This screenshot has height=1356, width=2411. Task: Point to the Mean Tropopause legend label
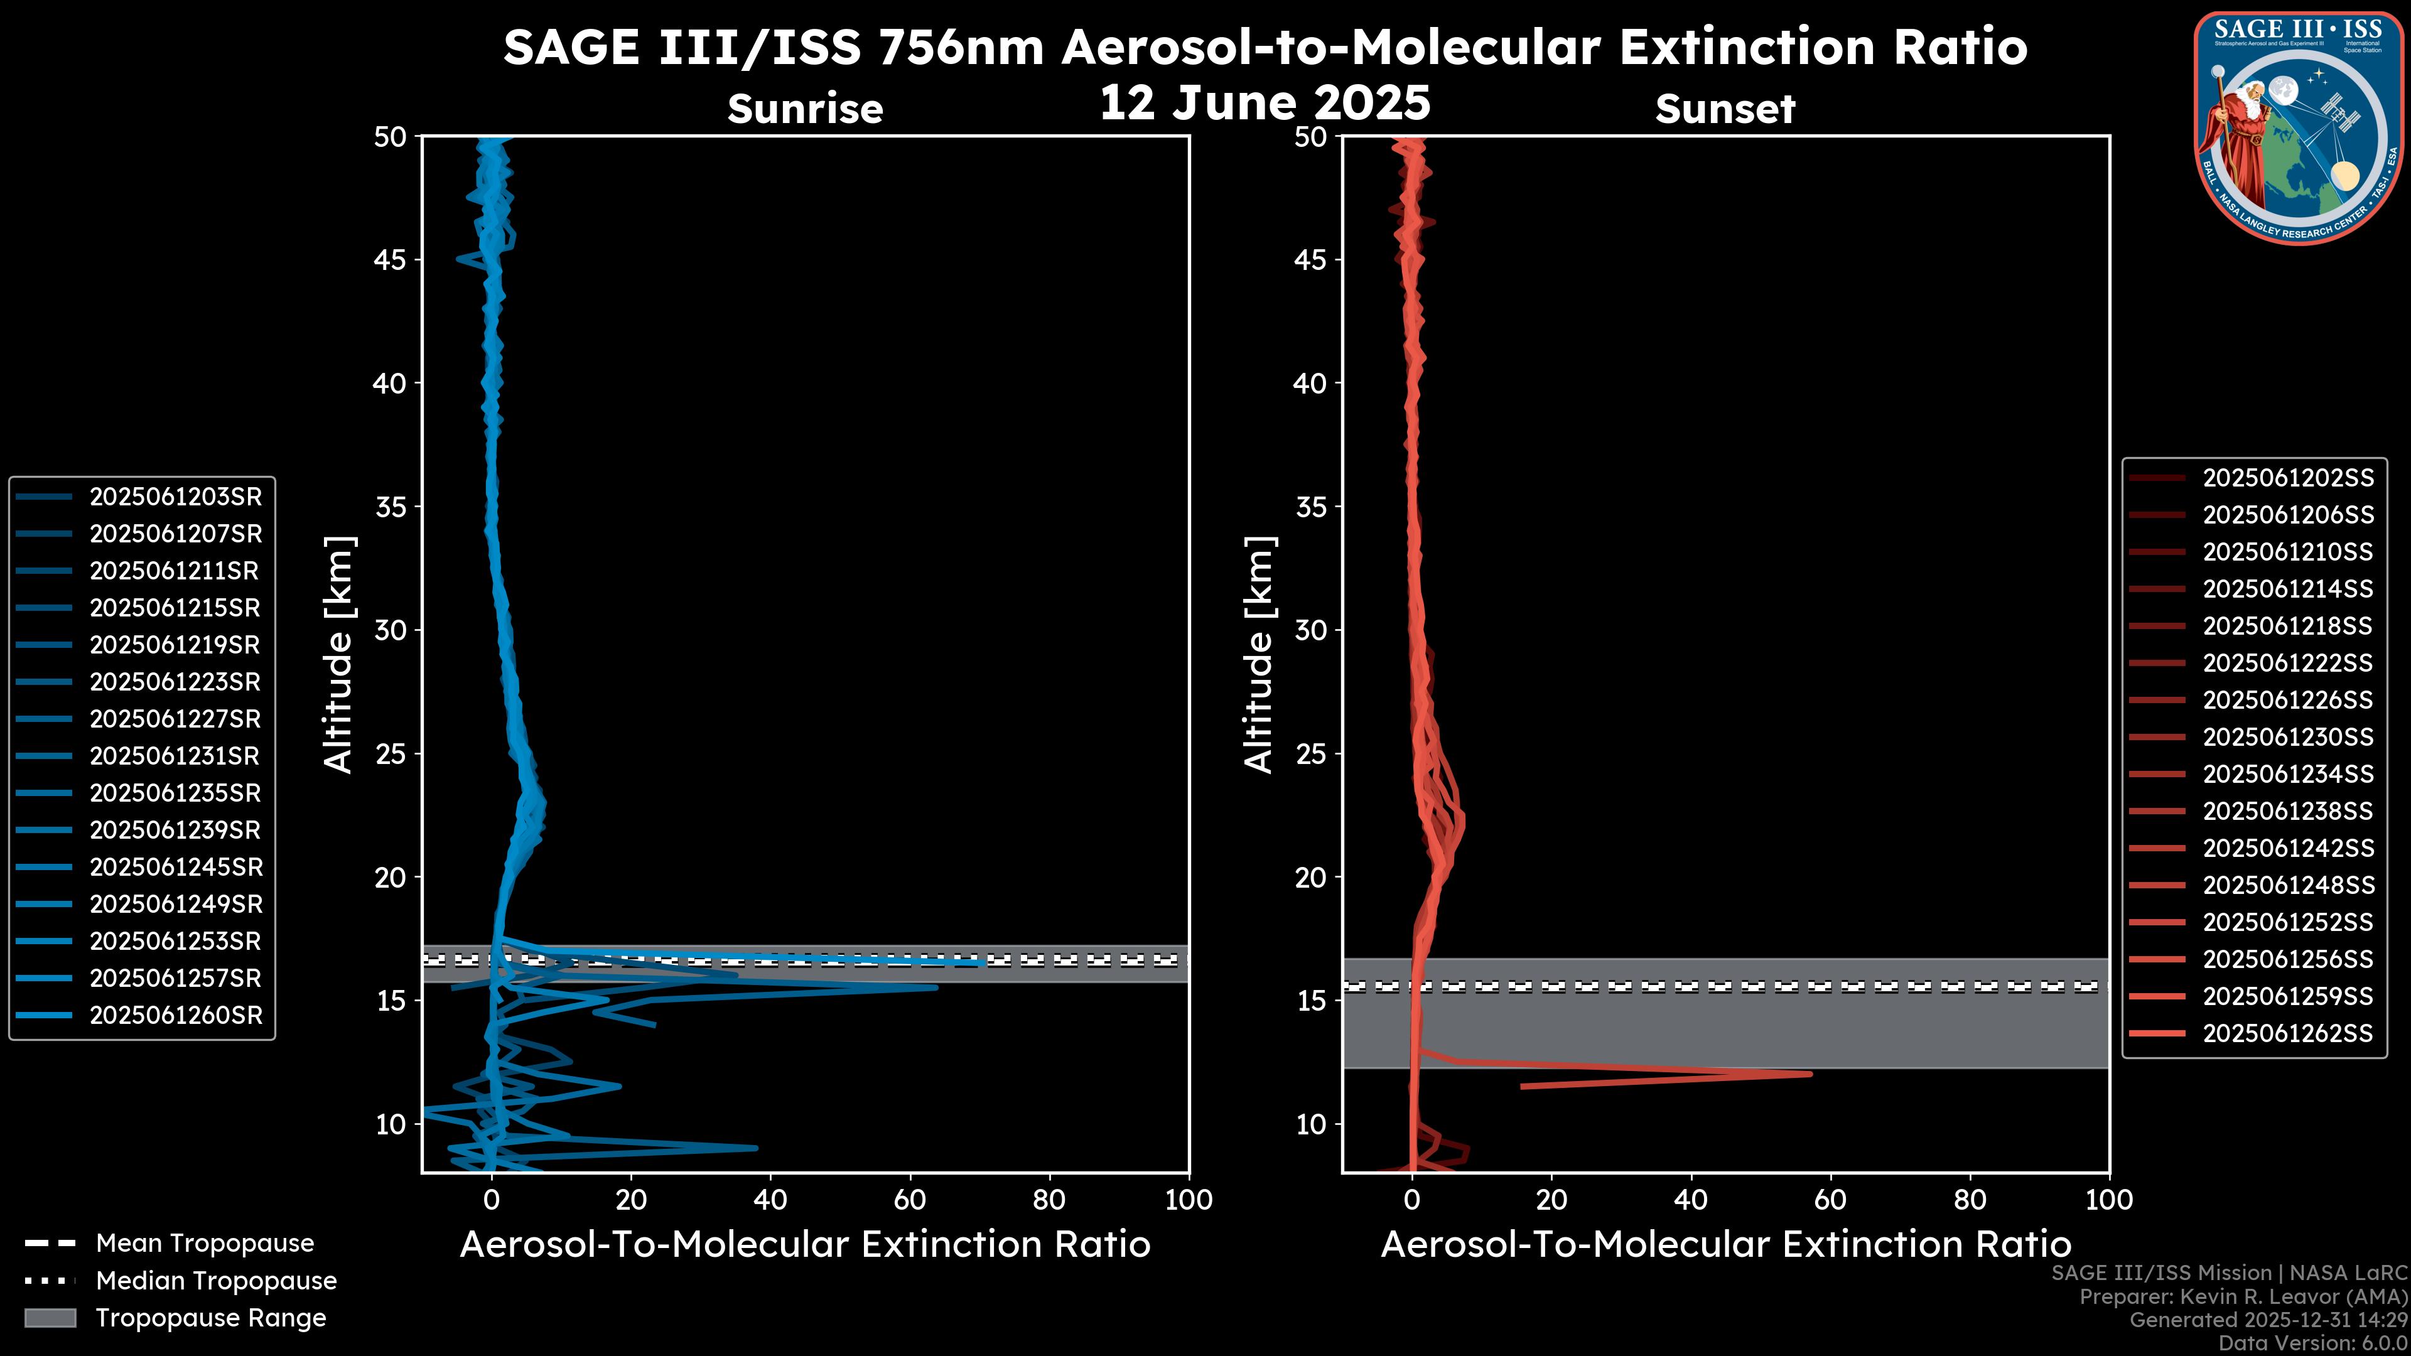[x=205, y=1244]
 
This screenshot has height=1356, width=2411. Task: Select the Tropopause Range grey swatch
[x=50, y=1318]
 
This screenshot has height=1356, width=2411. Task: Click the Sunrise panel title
[x=805, y=109]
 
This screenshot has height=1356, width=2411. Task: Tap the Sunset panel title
[x=1725, y=109]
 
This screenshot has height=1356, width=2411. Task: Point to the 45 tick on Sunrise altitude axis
[x=391, y=260]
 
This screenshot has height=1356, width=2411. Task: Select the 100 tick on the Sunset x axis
[x=2109, y=1200]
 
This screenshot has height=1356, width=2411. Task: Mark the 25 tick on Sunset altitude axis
[x=1311, y=754]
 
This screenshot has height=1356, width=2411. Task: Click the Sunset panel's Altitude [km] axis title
[x=1259, y=655]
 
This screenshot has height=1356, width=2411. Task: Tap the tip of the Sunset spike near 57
[x=1811, y=1073]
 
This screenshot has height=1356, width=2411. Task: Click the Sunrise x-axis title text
[x=805, y=1245]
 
